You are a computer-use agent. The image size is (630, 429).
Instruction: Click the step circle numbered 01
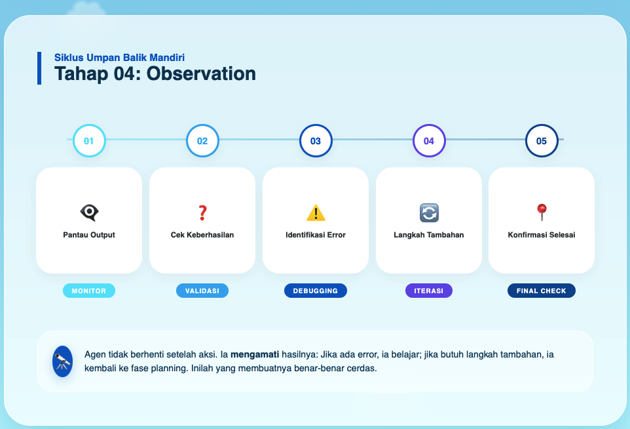[x=89, y=141]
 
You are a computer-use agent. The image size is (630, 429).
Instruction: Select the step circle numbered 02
[x=202, y=141]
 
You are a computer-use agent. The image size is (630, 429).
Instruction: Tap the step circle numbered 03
[x=316, y=141]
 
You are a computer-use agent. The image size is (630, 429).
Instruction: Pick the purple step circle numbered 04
[x=429, y=141]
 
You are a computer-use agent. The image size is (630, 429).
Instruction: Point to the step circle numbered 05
[x=542, y=141]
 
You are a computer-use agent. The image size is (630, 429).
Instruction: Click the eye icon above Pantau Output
[x=89, y=213]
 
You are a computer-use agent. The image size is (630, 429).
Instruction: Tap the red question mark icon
[x=202, y=213]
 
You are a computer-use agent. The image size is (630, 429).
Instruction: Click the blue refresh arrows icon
[x=429, y=213]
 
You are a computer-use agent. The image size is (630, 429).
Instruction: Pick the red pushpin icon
[x=542, y=212]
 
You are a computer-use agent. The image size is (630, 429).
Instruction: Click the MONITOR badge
[x=89, y=291]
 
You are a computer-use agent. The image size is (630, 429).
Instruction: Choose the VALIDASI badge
[x=202, y=291]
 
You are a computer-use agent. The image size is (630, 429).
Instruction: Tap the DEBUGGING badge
[x=316, y=291]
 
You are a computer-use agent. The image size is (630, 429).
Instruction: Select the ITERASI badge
[x=429, y=291]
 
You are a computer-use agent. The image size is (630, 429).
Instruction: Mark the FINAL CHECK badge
[x=542, y=291]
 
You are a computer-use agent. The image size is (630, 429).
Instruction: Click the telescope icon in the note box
[x=62, y=361]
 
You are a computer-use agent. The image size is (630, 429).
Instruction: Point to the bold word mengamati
[x=253, y=354]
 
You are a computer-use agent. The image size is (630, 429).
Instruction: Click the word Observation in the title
[x=201, y=73]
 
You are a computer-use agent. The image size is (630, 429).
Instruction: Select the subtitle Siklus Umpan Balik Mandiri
[x=124, y=58]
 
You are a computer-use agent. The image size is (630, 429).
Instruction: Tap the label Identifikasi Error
[x=316, y=235]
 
